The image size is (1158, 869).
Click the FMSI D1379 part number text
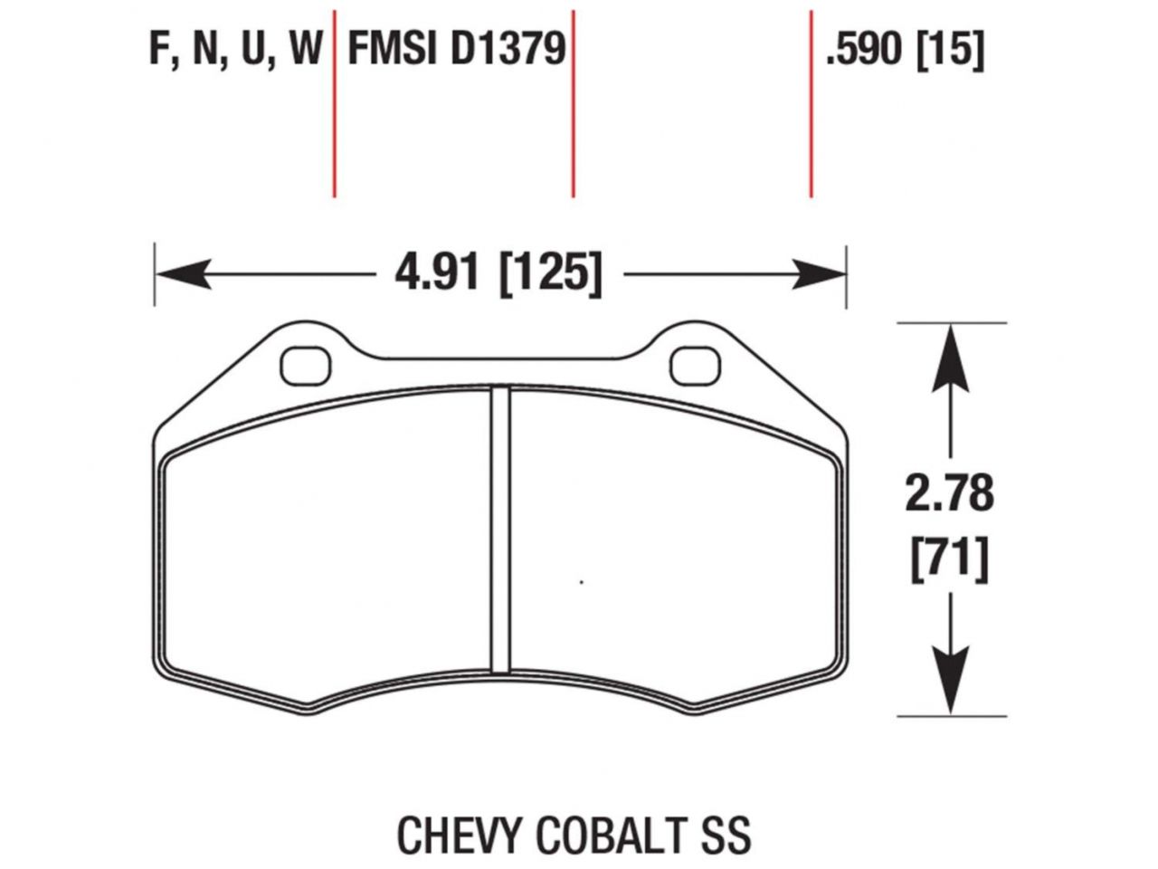point(457,50)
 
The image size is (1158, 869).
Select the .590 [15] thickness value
point(904,50)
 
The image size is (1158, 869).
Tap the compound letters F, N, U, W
point(236,50)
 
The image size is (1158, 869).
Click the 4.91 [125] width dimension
point(498,272)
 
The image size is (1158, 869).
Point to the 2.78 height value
point(949,493)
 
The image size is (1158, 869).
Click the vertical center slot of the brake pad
point(500,530)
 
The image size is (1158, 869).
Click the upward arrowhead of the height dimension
point(949,358)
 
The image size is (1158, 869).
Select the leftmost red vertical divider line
point(335,104)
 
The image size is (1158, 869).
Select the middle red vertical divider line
point(573,104)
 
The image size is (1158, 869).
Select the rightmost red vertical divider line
point(811,104)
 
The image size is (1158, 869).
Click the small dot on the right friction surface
point(581,582)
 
